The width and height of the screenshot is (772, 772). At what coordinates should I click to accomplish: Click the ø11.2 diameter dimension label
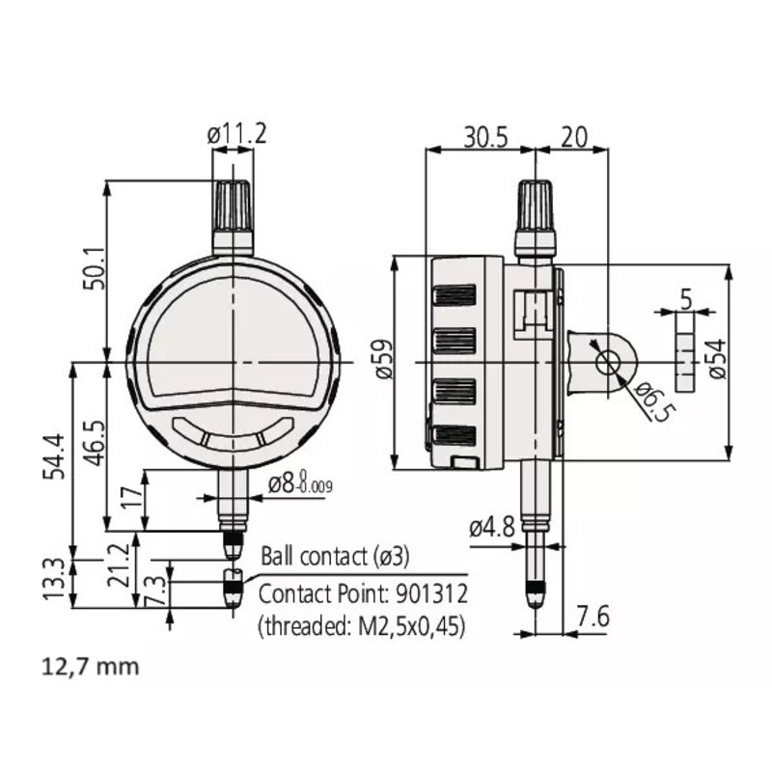(236, 136)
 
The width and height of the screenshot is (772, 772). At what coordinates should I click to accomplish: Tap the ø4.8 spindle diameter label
(491, 529)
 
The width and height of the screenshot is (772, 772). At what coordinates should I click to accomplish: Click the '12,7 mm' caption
(90, 666)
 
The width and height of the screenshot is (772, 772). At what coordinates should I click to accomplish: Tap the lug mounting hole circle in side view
(608, 362)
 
